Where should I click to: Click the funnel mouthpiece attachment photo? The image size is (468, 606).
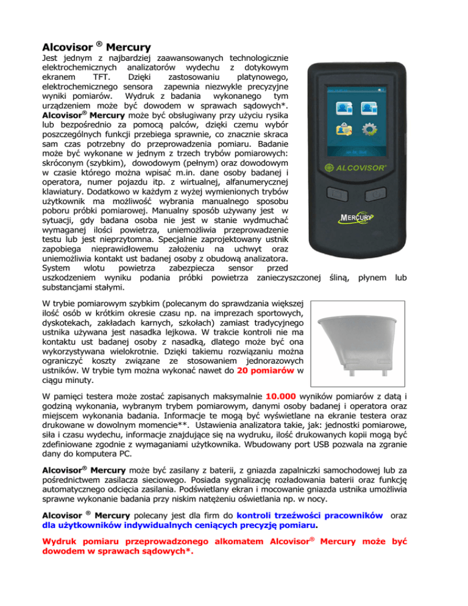click(361, 340)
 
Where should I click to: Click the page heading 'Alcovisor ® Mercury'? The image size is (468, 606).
click(97, 46)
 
